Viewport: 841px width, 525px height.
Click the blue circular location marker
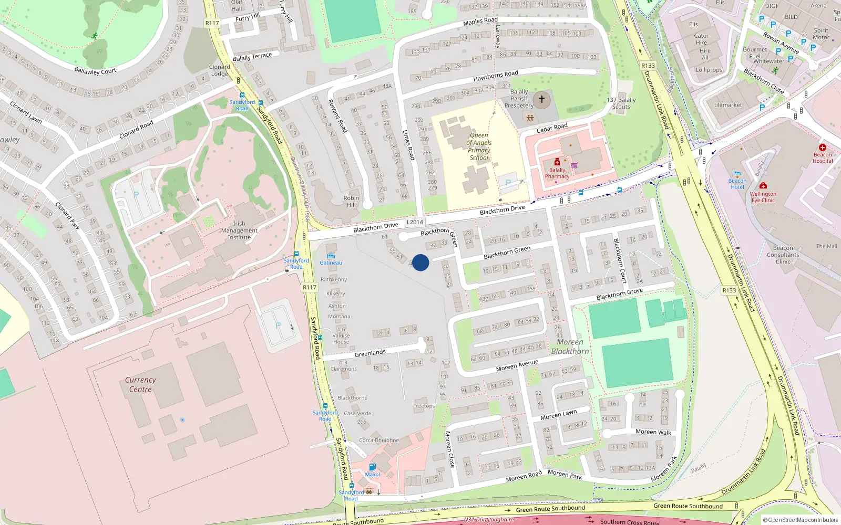pos(420,262)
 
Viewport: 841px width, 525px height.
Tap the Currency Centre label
pos(140,384)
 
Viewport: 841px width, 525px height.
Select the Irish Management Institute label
pos(239,230)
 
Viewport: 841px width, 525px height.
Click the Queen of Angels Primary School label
pos(479,146)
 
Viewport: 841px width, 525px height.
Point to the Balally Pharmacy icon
pos(557,162)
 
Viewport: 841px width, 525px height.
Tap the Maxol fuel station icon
pos(372,467)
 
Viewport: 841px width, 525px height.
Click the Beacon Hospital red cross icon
pos(823,148)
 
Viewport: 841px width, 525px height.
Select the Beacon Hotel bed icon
pos(737,174)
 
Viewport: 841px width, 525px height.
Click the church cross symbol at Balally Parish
pos(542,99)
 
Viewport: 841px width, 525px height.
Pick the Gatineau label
pos(331,262)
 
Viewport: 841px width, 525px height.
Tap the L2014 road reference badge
pos(415,222)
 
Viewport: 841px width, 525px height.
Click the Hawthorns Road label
pos(495,76)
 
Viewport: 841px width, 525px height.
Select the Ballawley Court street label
pos(95,71)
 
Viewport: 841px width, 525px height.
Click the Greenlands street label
pos(370,353)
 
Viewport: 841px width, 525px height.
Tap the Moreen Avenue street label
pos(517,365)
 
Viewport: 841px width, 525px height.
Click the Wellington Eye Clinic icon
pos(763,186)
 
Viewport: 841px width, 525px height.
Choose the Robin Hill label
pos(351,202)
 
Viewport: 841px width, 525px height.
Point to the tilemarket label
pos(728,105)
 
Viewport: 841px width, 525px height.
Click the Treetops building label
pos(424,406)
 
